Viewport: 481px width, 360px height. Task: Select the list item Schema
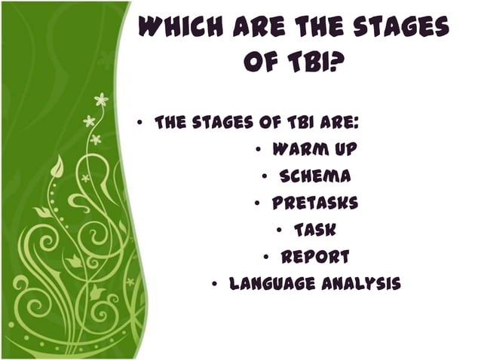(x=314, y=176)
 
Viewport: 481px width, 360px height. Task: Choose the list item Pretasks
(x=315, y=203)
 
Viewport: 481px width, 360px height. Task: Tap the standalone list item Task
(x=315, y=230)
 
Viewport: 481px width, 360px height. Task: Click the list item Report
(x=315, y=257)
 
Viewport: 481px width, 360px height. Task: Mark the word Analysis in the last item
(x=361, y=284)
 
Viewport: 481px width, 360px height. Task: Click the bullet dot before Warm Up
(x=258, y=150)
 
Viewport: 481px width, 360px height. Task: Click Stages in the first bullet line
(x=225, y=122)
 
